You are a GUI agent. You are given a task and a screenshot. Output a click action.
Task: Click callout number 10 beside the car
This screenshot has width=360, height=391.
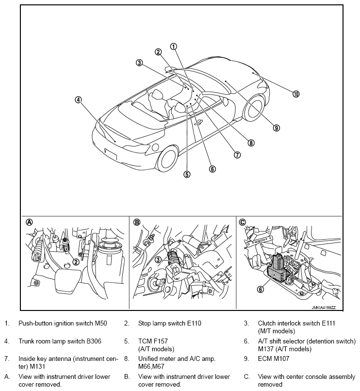click(296, 94)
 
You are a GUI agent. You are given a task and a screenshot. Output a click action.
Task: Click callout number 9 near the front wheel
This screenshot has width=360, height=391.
click(276, 128)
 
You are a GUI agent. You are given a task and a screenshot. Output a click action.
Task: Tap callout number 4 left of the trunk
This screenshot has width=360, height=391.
click(78, 100)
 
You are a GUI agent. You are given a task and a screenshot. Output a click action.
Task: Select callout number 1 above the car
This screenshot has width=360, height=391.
click(173, 47)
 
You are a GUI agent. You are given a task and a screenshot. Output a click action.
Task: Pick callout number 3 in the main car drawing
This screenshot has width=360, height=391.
click(139, 63)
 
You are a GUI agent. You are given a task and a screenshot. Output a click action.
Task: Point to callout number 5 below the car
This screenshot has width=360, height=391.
click(187, 174)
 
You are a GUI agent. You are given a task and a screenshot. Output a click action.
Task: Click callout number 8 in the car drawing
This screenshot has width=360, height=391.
click(251, 143)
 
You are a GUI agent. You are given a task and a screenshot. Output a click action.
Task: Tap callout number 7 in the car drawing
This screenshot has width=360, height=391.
click(237, 155)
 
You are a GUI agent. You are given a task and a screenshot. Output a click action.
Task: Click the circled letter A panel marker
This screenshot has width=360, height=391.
click(29, 222)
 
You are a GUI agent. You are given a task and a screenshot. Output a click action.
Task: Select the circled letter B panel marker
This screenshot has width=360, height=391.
click(137, 222)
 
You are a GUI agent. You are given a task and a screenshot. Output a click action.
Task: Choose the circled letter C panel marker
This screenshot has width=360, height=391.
click(243, 222)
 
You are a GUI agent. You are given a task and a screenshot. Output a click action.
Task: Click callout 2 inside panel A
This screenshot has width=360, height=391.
click(76, 261)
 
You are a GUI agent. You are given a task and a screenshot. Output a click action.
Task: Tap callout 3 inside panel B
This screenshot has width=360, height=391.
click(158, 260)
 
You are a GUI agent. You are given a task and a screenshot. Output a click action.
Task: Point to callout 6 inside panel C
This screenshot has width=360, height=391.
click(260, 289)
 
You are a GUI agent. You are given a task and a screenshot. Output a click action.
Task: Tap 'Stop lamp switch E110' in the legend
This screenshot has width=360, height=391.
click(169, 323)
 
